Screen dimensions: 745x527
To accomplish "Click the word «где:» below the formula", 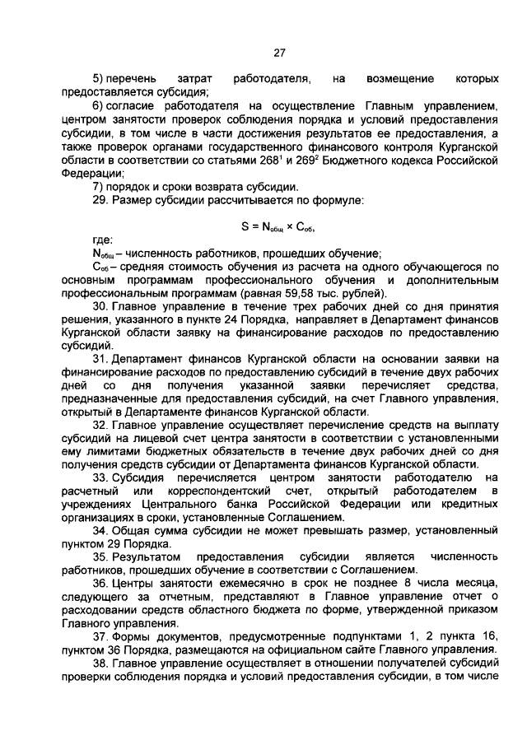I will (x=103, y=240).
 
